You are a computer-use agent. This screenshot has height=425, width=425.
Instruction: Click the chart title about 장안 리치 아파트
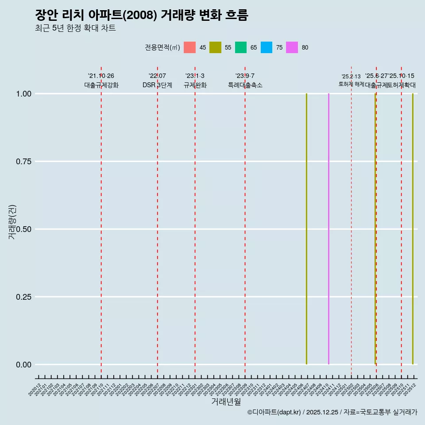[x=142, y=15]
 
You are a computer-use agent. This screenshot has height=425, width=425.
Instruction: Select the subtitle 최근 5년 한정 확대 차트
[x=75, y=28]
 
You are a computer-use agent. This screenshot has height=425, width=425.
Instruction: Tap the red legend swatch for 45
[x=189, y=47]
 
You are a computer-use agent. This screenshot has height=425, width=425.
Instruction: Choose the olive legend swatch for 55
[x=215, y=47]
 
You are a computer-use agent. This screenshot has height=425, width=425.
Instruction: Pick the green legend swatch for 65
[x=241, y=47]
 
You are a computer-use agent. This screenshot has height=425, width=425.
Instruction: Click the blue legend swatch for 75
[x=267, y=47]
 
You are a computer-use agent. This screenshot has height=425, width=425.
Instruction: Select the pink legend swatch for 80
[x=292, y=47]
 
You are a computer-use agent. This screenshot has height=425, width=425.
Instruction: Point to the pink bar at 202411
[x=328, y=229]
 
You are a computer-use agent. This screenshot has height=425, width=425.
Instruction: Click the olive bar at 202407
[x=306, y=229]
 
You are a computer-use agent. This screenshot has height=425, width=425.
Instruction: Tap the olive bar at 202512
[x=413, y=229]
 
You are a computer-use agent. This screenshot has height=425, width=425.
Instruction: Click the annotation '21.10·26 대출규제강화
[x=101, y=81]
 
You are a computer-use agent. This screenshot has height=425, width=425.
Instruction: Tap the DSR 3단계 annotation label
[x=157, y=85]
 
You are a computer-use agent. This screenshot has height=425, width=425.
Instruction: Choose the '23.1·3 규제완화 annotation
[x=195, y=81]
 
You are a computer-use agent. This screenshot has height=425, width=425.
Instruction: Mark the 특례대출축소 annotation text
[x=245, y=85]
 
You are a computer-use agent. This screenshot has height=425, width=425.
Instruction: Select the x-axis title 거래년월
[x=226, y=402]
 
